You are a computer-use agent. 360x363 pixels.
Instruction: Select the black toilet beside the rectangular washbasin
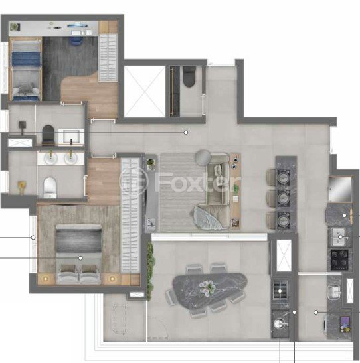(x=47, y=134)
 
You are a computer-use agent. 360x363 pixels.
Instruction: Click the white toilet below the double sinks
(x=49, y=187)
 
